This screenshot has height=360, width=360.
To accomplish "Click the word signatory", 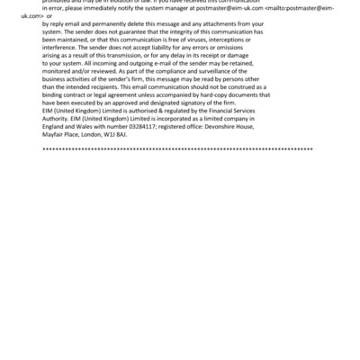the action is pyautogui.click(x=193, y=112).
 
